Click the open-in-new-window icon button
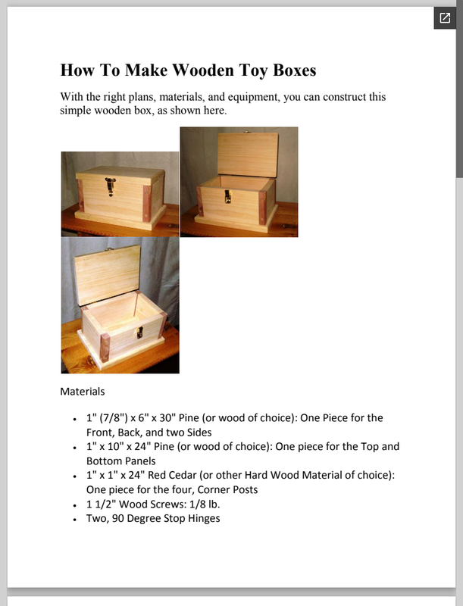click(x=445, y=17)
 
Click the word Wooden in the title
click(x=202, y=70)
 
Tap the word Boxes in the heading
click(x=295, y=70)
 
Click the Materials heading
click(x=83, y=392)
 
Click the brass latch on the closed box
click(x=111, y=186)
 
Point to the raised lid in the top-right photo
click(x=248, y=155)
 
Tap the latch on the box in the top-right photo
click(x=227, y=196)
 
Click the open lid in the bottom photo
click(x=107, y=275)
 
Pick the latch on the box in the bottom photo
click(x=139, y=333)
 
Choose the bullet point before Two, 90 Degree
click(x=74, y=520)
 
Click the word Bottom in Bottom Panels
click(x=102, y=461)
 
